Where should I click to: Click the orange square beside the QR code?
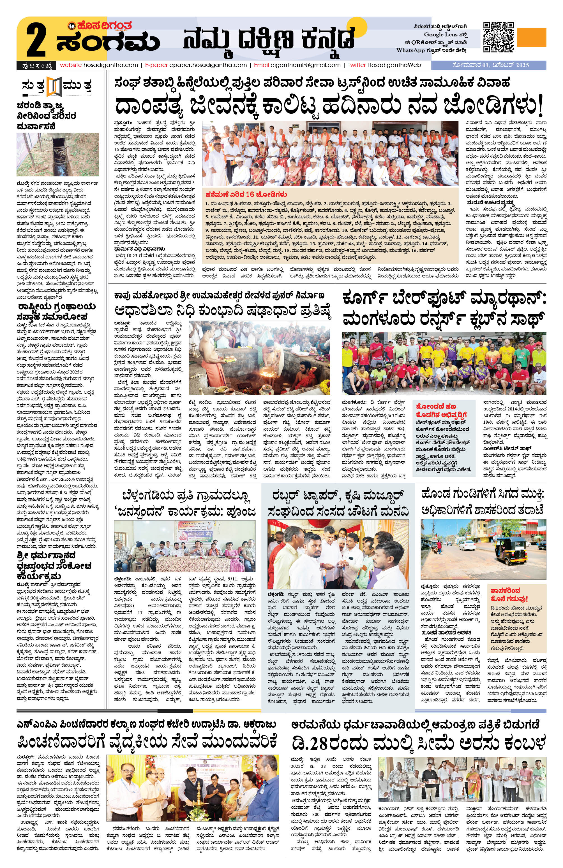[x=532, y=37]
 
